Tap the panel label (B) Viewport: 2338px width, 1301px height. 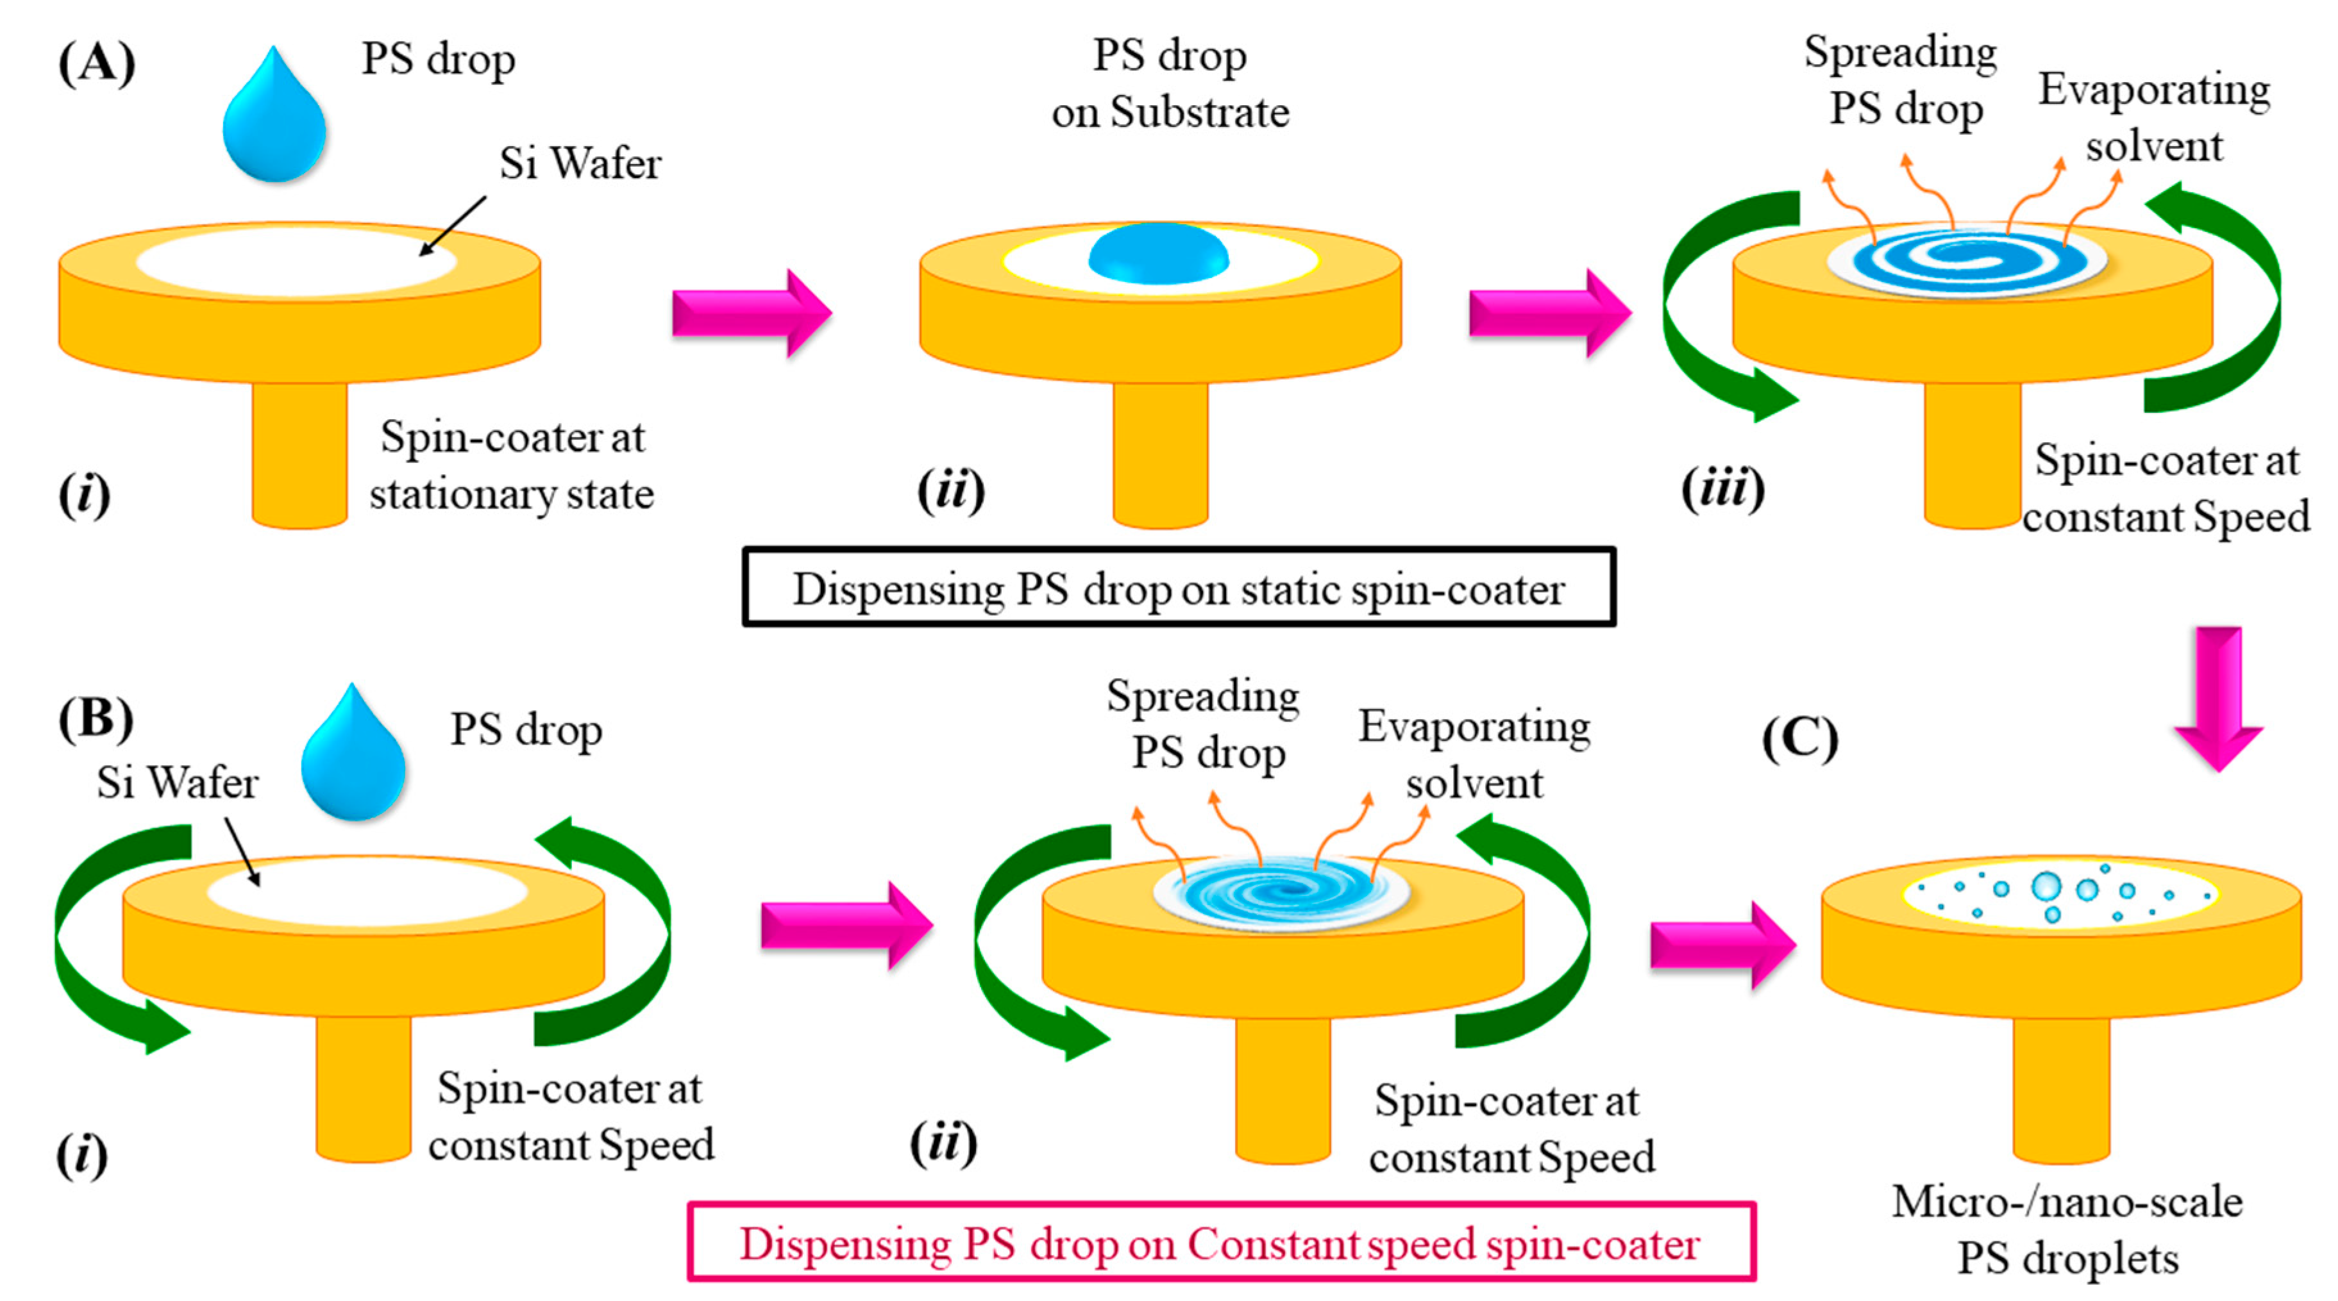[96, 720]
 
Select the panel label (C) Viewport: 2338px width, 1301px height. [1800, 740]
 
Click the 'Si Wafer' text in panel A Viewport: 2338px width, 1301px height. [580, 164]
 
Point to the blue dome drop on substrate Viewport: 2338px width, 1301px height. [1158, 253]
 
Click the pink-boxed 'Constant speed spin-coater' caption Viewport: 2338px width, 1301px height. [1221, 1243]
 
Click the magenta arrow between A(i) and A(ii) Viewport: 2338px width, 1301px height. [752, 313]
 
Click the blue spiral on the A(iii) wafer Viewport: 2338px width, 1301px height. [1965, 260]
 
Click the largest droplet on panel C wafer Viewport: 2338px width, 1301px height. [2047, 886]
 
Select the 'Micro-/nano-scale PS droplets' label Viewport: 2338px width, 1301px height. [2067, 1229]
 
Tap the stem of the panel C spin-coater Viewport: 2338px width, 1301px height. [2061, 1089]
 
